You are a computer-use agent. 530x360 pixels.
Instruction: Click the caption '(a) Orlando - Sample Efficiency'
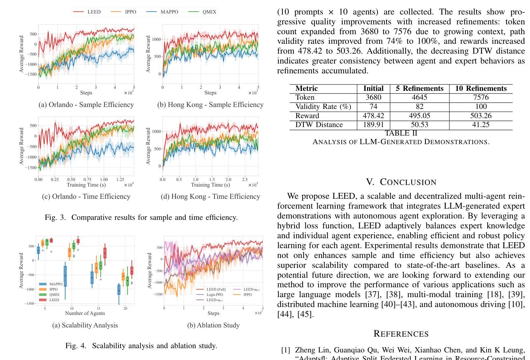tap(86, 105)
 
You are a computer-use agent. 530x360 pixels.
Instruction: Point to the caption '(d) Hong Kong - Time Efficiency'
tap(210, 196)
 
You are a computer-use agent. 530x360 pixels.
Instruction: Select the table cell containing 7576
tap(481, 97)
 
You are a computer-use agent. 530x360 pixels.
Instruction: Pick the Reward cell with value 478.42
tap(373, 116)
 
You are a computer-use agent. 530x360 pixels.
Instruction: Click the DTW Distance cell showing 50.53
tap(419, 125)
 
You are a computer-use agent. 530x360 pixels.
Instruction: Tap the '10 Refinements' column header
tap(481, 89)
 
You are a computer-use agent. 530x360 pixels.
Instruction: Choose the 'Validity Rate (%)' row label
tap(323, 107)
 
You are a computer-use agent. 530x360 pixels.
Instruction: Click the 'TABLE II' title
tap(401, 133)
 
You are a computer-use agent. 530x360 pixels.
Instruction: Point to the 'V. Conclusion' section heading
tap(401, 182)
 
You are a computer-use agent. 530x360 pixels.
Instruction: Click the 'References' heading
tap(401, 334)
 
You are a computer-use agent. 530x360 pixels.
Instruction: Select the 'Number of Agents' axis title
tap(85, 313)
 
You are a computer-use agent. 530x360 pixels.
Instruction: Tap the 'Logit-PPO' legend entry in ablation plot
tap(215, 295)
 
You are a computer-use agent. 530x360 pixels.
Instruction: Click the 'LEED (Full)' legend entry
tap(216, 289)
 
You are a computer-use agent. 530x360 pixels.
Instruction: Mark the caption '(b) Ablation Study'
tap(213, 325)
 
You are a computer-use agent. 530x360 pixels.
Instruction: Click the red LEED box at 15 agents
tap(105, 253)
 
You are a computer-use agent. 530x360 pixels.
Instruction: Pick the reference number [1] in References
tap(285, 350)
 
